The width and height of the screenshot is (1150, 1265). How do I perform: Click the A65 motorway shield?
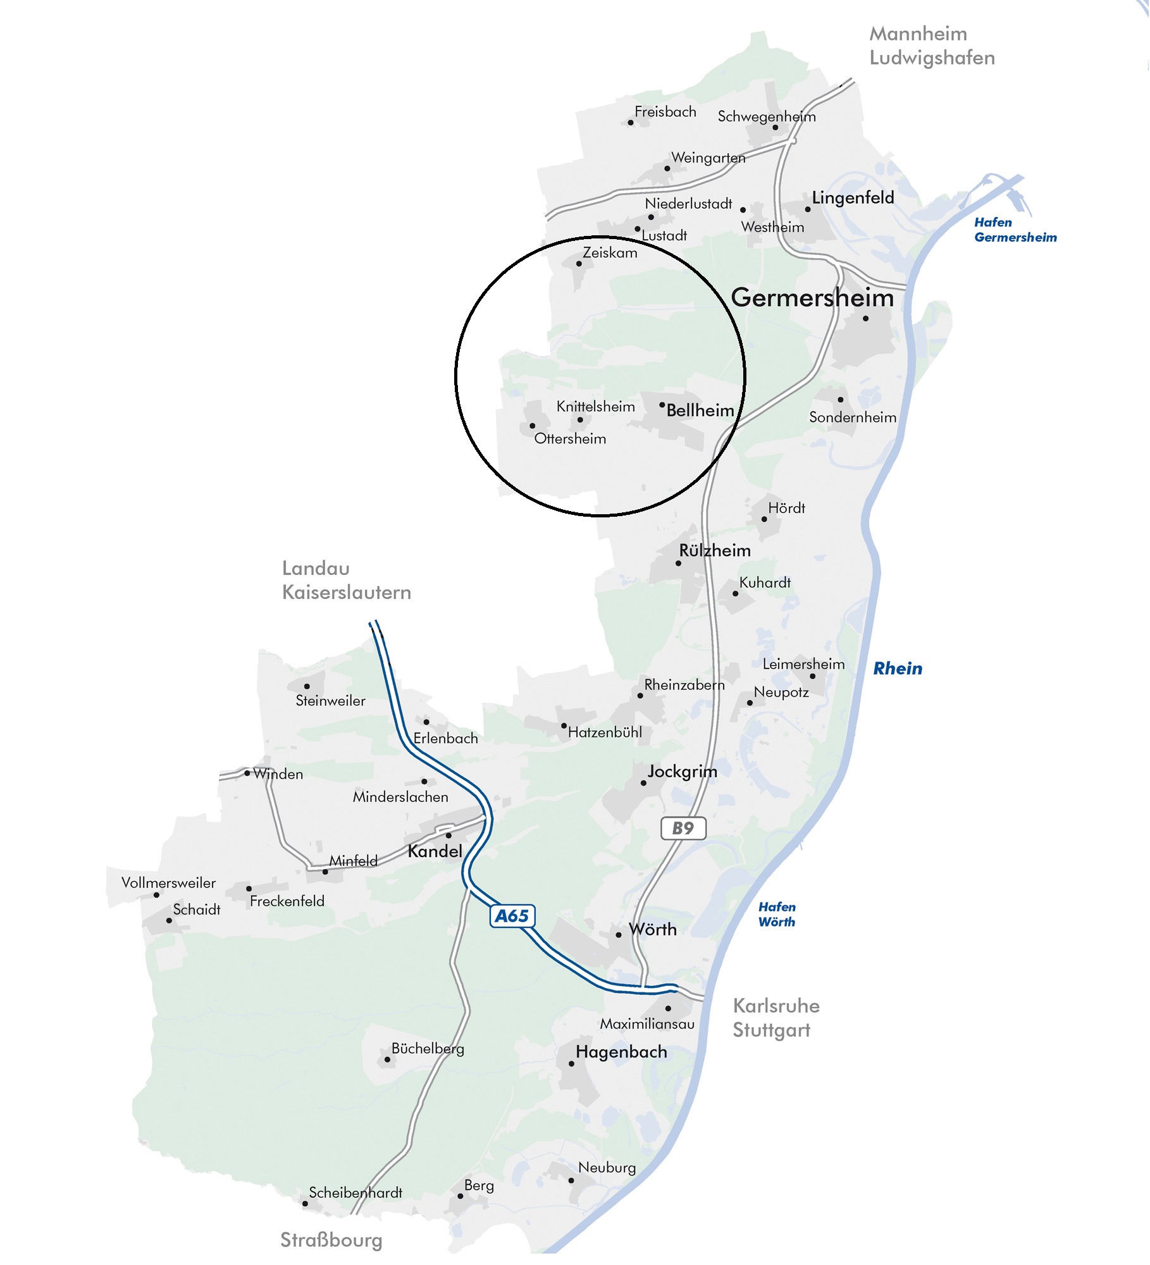[x=512, y=916]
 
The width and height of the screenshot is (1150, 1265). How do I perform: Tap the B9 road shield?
[x=683, y=828]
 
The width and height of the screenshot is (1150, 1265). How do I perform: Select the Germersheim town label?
[x=812, y=298]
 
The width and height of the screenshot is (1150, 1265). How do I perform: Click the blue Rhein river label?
[x=898, y=669]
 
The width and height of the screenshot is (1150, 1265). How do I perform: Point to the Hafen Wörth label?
[x=777, y=915]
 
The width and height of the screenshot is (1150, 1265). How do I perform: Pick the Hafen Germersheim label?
[x=1015, y=230]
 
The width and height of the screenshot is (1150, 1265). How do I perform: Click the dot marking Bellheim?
[x=662, y=405]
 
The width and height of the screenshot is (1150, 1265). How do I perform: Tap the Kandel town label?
[x=435, y=851]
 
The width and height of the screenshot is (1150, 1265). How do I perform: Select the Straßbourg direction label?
[x=331, y=1240]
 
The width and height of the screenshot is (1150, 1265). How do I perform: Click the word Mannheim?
[x=918, y=34]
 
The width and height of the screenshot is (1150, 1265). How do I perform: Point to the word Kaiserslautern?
[x=347, y=593]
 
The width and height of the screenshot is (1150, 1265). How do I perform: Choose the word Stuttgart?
[x=771, y=1030]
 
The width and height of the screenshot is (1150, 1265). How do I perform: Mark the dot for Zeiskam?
[x=579, y=264]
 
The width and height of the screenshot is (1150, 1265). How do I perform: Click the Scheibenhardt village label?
[x=356, y=1193]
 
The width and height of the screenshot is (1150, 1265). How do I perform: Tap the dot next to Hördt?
[x=764, y=519]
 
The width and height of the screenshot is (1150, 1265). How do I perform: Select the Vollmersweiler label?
[x=168, y=883]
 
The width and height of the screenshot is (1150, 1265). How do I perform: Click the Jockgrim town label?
[x=682, y=772]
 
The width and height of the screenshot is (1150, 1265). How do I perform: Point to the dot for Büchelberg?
[x=387, y=1059]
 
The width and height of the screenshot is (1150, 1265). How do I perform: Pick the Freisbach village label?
[x=665, y=112]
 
